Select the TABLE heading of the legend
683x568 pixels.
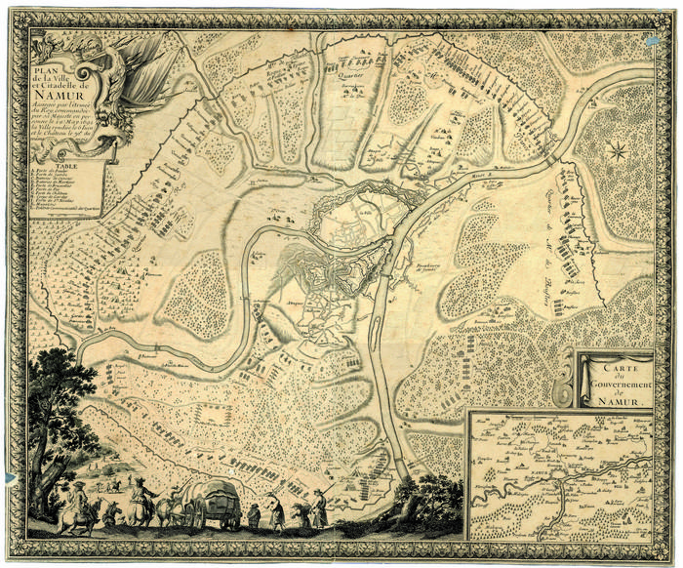(x=60, y=165)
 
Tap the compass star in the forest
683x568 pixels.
(x=617, y=149)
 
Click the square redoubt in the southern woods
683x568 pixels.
(x=211, y=414)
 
